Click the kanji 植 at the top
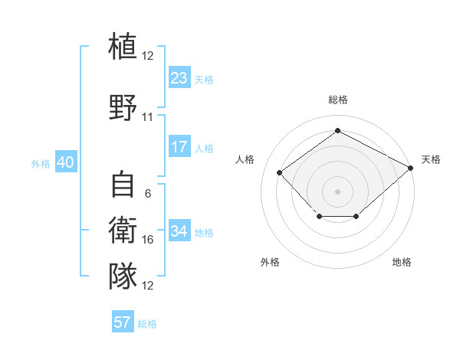point(123,45)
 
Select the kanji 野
point(123,107)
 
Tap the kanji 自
point(123,184)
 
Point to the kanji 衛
point(123,230)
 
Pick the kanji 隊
point(123,276)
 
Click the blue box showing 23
point(179,77)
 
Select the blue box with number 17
point(179,146)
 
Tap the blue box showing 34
point(179,230)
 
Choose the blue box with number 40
point(66,162)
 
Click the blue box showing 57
point(123,321)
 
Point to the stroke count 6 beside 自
point(148,194)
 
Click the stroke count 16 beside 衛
point(147,240)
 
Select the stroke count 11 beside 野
point(147,117)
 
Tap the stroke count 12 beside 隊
point(147,285)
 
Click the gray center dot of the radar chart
point(337,191)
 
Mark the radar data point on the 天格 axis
point(410,168)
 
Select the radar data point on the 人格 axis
point(279,172)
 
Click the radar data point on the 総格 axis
point(337,130)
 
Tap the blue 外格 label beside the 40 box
point(41,164)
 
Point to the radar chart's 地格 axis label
point(402,262)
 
